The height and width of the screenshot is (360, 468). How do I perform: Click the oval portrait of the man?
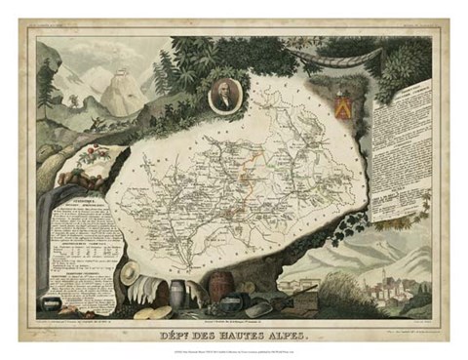[x=223, y=96]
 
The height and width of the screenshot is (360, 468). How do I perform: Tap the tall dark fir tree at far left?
[x=163, y=68]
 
